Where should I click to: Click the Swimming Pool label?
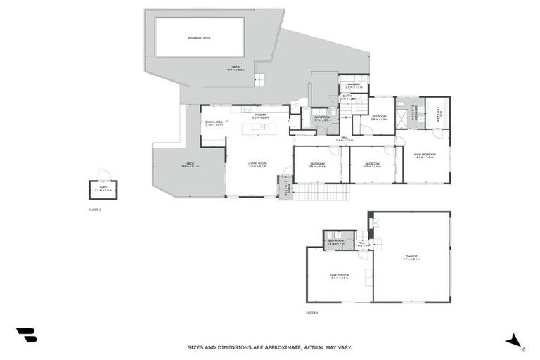coord(200,37)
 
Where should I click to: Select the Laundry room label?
coord(354,85)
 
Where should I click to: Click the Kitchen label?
coord(261,115)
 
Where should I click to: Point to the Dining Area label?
coord(214,122)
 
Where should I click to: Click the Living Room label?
coord(257,164)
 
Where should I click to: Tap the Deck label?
coord(190,165)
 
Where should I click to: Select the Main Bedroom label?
coord(425,155)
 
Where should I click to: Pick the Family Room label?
coord(340,276)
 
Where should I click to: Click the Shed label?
coord(103,188)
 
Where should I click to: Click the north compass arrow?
coord(515,341)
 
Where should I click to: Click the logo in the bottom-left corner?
coord(26,335)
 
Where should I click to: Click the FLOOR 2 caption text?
coord(95,210)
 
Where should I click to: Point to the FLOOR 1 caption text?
coord(312,312)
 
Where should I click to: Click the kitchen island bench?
coord(259,128)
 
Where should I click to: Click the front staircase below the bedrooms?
coord(321,192)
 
